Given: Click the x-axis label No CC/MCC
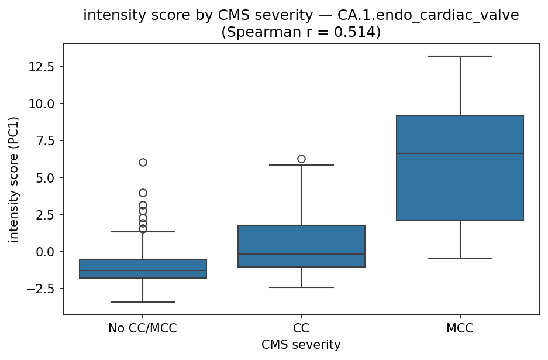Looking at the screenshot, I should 143,329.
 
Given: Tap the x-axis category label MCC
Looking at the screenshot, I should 460,329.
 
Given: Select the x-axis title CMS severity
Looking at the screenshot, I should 301,345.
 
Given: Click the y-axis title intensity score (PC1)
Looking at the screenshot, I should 13,179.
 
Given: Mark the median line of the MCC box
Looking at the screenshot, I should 460,153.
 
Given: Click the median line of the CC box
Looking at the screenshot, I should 301,254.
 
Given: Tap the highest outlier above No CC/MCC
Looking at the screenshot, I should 143,162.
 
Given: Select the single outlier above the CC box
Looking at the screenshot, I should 301,159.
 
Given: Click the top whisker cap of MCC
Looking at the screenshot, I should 460,56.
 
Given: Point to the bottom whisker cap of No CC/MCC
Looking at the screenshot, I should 143,302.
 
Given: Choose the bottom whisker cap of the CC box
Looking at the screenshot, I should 301,287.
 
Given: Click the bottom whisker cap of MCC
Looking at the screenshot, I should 460,258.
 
